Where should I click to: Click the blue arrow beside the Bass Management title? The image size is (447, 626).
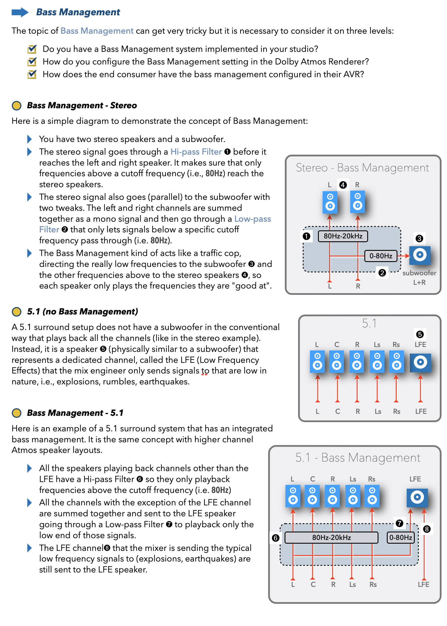(x=20, y=12)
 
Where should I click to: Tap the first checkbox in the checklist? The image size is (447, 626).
(x=32, y=49)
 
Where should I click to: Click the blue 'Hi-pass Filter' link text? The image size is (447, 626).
(x=196, y=152)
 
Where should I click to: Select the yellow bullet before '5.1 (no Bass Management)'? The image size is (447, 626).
(x=17, y=312)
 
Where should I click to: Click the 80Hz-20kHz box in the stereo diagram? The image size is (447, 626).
(x=343, y=236)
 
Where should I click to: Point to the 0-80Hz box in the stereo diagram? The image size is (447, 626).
(x=380, y=256)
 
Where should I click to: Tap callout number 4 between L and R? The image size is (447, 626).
(x=343, y=185)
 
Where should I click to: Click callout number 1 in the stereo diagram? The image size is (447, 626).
(x=306, y=236)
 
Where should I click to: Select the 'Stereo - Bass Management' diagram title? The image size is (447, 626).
(x=362, y=168)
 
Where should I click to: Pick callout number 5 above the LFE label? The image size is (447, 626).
(x=420, y=334)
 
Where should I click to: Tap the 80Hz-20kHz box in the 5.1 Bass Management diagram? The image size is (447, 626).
(x=331, y=538)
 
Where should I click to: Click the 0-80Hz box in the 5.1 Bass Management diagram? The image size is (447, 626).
(x=401, y=538)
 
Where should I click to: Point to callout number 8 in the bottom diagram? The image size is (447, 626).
(x=427, y=529)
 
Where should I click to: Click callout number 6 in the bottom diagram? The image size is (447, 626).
(x=276, y=538)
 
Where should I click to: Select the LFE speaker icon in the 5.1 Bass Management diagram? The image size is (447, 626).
(x=417, y=498)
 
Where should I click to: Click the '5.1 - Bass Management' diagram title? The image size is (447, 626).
(x=358, y=458)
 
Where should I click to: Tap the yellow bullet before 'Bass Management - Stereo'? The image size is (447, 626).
(x=17, y=105)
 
